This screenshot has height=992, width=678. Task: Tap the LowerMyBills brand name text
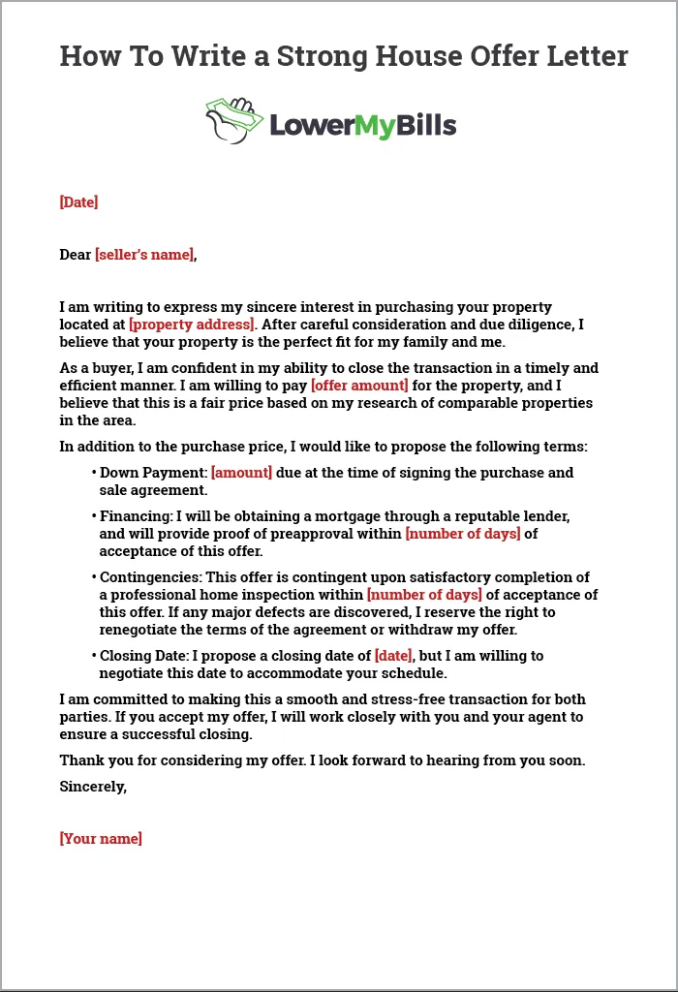coord(362,125)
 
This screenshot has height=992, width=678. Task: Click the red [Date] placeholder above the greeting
coord(78,202)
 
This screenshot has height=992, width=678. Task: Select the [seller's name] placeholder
coord(144,255)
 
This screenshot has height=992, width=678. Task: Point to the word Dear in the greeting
coord(75,255)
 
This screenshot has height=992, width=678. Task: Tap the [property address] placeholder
coord(191,325)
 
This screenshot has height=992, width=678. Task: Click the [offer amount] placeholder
coord(359,386)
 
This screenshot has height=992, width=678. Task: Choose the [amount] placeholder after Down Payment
coord(241,473)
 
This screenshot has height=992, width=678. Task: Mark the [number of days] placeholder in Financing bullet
coord(462,534)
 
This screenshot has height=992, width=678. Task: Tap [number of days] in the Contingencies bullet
coord(423,595)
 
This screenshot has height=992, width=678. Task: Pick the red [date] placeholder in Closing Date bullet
coord(393,656)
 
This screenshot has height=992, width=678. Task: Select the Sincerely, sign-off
coord(93,787)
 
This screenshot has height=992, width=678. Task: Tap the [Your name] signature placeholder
coord(101,839)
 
